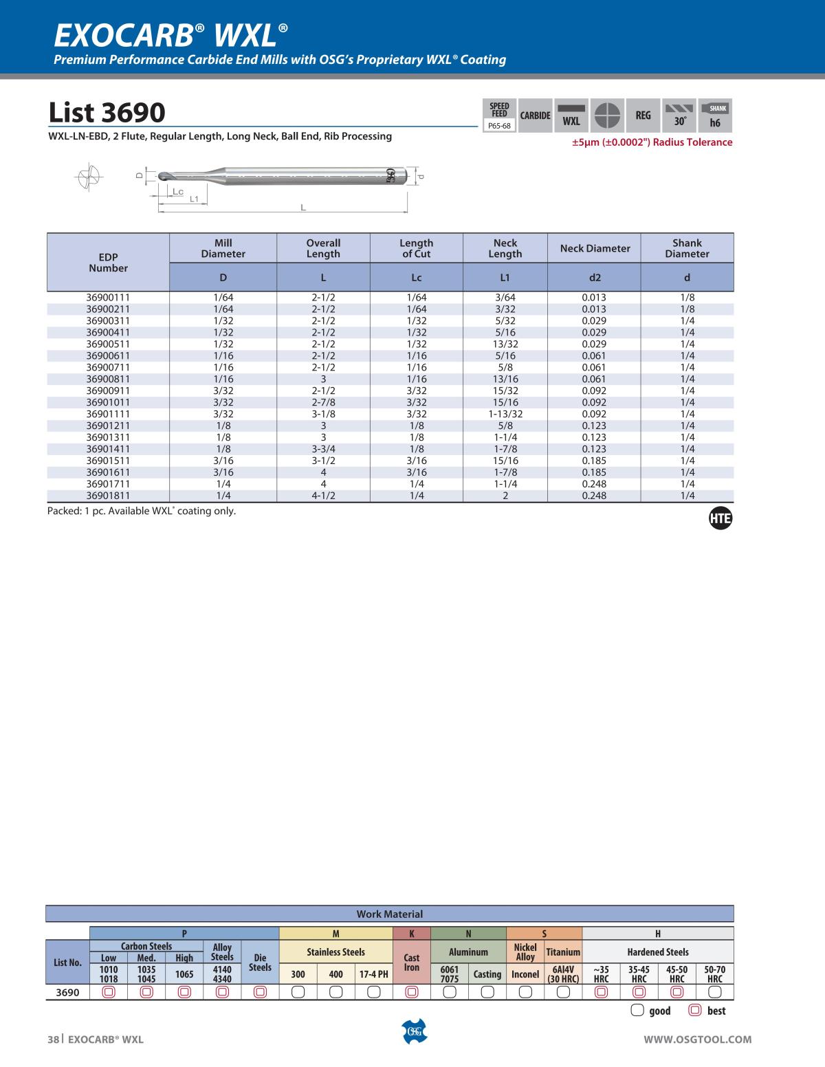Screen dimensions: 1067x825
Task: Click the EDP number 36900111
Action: pyautogui.click(x=108, y=298)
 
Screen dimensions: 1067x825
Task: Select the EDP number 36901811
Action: pyautogui.click(x=108, y=496)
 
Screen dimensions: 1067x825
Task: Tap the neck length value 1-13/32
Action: pyautogui.click(x=505, y=414)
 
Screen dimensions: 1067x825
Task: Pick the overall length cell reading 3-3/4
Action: pyautogui.click(x=323, y=449)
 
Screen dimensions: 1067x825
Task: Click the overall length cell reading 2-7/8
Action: pyautogui.click(x=323, y=402)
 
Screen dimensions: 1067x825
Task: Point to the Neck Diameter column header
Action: pyautogui.click(x=595, y=248)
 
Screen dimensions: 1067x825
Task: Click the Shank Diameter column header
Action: pyautogui.click(x=687, y=248)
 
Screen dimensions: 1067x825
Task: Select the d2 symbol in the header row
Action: pyautogui.click(x=595, y=278)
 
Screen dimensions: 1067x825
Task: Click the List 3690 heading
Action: pyautogui.click(x=107, y=112)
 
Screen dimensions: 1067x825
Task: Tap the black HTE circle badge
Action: pyautogui.click(x=720, y=519)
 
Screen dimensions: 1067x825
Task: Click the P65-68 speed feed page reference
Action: pyautogui.click(x=499, y=126)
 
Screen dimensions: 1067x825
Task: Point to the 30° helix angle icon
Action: pyautogui.click(x=679, y=115)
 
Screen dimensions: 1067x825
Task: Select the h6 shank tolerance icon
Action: pyautogui.click(x=715, y=115)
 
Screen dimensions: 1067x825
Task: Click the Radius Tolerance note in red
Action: pyautogui.click(x=652, y=142)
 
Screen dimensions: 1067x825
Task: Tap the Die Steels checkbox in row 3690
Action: pyautogui.click(x=260, y=992)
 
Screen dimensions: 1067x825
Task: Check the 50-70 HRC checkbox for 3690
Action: pyautogui.click(x=714, y=992)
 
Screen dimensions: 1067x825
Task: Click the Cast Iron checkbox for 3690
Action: pyautogui.click(x=411, y=992)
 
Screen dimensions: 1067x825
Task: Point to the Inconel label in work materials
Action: pyautogui.click(x=525, y=974)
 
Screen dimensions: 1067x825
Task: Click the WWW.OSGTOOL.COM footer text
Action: pyautogui.click(x=697, y=1039)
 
